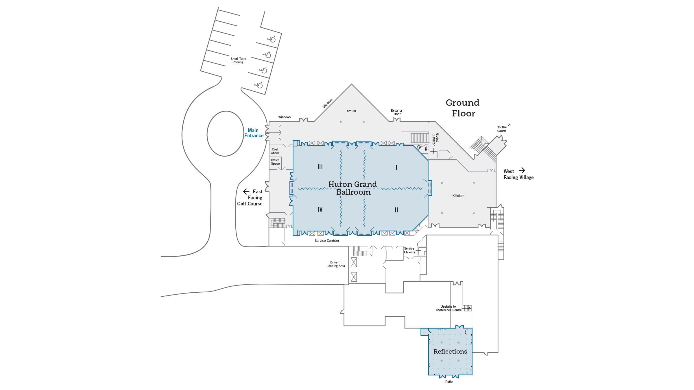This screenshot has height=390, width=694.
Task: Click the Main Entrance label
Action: tap(254, 133)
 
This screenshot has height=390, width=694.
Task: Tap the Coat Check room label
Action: tap(275, 151)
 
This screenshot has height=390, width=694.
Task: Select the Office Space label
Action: tap(275, 162)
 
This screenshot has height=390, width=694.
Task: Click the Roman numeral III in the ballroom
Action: tap(320, 166)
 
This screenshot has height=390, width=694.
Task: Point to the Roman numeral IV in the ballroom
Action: tap(320, 209)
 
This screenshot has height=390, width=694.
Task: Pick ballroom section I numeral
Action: tap(396, 168)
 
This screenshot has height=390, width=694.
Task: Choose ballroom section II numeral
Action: tap(396, 210)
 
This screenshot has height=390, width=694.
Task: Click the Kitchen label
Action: tap(458, 196)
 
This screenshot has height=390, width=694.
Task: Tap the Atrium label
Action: tap(351, 111)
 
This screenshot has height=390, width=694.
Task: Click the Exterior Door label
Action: tap(396, 112)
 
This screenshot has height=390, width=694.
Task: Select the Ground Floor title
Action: tap(463, 108)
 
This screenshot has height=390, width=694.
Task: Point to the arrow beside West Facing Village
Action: tap(522, 170)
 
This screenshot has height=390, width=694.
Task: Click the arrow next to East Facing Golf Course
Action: tap(246, 192)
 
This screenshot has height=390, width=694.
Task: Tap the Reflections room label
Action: tap(450, 352)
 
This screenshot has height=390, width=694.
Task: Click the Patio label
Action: tap(449, 382)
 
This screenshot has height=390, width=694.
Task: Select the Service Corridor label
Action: tap(327, 241)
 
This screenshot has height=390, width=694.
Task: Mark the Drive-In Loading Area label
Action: tap(335, 264)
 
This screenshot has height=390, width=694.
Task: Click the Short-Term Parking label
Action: tap(238, 60)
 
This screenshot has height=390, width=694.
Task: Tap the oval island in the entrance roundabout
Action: tap(225, 134)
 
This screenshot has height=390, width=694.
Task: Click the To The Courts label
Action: tap(502, 129)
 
